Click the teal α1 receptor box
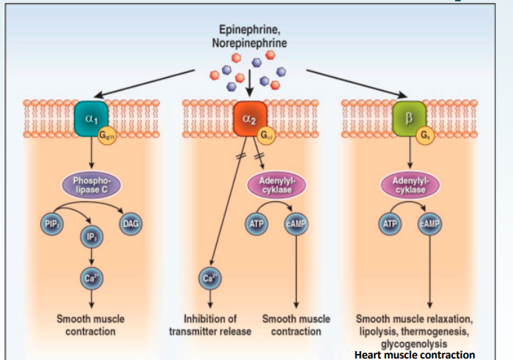pos(91,116)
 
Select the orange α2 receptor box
pos(249,116)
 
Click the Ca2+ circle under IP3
pos(91,278)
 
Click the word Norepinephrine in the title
pos(252,44)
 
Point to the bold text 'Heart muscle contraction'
pos(414,354)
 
